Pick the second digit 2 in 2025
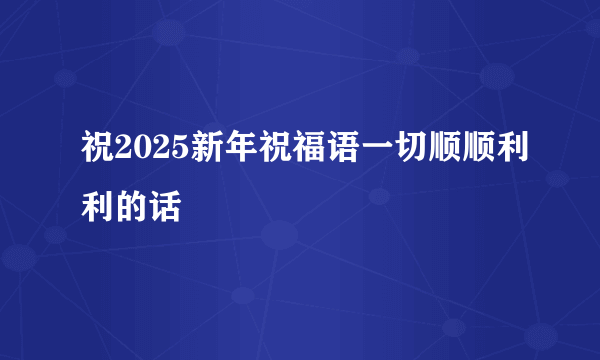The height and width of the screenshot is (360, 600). point(151,154)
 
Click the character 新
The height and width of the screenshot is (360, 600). point(191,153)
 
